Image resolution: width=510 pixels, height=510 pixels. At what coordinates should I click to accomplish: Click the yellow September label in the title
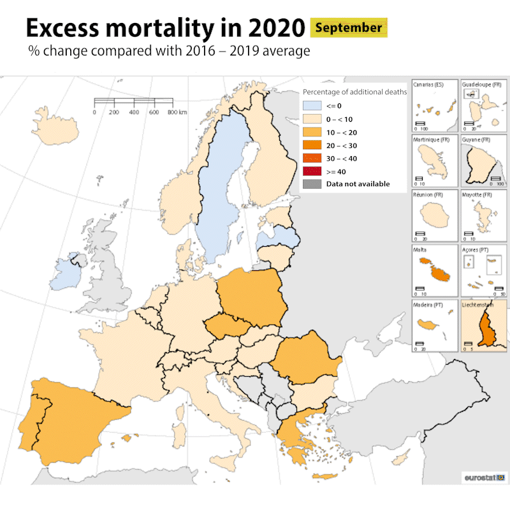tap(349, 28)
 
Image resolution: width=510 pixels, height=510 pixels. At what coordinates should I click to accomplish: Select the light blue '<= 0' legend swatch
tap(310, 106)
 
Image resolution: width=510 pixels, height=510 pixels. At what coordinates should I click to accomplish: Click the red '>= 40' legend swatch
tap(310, 171)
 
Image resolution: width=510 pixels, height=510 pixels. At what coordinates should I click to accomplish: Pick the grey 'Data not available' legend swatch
tap(310, 184)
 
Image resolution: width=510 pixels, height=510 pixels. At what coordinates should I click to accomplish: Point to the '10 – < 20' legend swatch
tap(310, 132)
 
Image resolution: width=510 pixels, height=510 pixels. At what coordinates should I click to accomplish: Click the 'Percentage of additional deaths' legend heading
tap(354, 92)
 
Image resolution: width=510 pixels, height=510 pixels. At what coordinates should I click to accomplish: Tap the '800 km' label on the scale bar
tap(177, 112)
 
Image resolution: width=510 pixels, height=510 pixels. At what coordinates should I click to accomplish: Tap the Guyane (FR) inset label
tap(476, 140)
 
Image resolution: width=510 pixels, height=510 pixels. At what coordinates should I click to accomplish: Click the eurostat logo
tap(483, 477)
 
